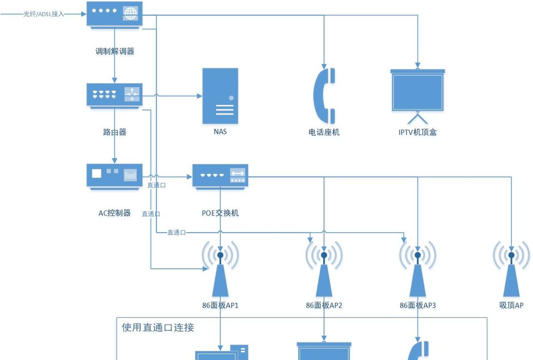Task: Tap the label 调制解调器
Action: [115, 52]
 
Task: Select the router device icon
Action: [114, 95]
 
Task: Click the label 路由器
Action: [115, 132]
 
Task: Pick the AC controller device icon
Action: [114, 176]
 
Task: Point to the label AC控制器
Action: [115, 213]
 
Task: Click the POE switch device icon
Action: [220, 176]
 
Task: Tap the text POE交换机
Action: [220, 213]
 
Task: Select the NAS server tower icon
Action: [220, 96]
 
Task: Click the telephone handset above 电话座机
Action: [324, 95]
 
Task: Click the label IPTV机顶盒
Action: [417, 132]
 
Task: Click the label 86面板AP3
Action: [417, 305]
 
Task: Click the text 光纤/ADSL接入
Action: [44, 14]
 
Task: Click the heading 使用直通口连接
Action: [158, 327]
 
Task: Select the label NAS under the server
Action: [220, 132]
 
